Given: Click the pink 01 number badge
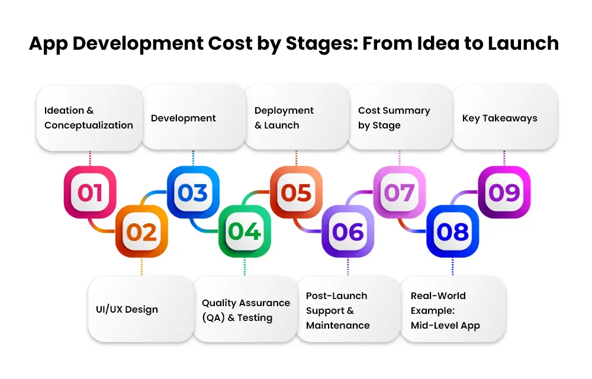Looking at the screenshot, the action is pos(90,192).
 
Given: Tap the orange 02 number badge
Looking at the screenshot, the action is pos(141,232).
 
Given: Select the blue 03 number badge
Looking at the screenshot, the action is pos(193,192).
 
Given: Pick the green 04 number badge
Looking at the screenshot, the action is pos(244,232).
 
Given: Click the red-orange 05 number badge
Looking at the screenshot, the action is pos(297,192).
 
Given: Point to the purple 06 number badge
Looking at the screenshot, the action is pos(348,232).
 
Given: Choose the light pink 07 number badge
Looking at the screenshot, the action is pos(400,192).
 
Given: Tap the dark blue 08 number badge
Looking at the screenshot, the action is pos(453,232).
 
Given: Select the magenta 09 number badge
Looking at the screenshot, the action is pos(504,192).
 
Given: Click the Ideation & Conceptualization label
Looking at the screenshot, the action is pos(89,118).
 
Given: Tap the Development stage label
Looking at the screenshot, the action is pos(183,118).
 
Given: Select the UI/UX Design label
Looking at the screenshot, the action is pos(127,310).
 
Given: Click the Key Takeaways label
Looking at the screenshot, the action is pos(500,118).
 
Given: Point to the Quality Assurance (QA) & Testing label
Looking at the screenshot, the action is pos(246,310).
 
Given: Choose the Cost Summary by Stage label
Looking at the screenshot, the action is pos(394,118).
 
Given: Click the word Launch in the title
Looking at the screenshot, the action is pos(523,43).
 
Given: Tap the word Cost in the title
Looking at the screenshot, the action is pos(230,43).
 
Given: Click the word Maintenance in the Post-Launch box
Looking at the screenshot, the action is pos(338,325).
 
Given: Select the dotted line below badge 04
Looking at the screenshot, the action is pos(244,266).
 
